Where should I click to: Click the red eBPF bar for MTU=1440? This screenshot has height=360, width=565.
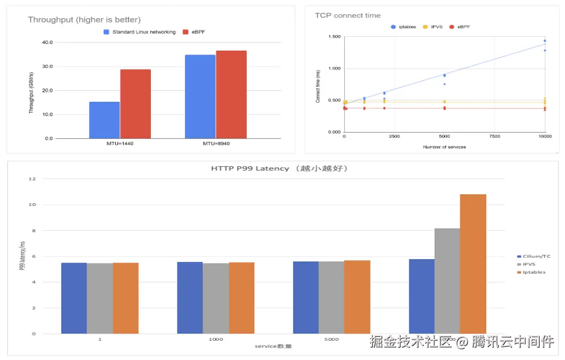135,103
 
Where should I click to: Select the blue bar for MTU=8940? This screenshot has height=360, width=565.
200,96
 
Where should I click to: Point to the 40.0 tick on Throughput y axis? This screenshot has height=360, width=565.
47,42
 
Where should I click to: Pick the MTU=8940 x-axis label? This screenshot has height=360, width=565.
215,143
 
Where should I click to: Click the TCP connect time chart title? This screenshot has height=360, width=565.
347,15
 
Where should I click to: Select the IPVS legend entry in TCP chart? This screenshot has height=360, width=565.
433,26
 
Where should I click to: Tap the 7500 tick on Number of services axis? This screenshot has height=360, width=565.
495,136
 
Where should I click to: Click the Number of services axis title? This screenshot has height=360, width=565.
444,147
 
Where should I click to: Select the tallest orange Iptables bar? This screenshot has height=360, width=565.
473,264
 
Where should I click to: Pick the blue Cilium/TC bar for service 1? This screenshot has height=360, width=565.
74,298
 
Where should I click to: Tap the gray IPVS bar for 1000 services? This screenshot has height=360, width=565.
216,298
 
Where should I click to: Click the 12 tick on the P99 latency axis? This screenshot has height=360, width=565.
32,179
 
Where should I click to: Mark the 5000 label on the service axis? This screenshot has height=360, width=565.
331,340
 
